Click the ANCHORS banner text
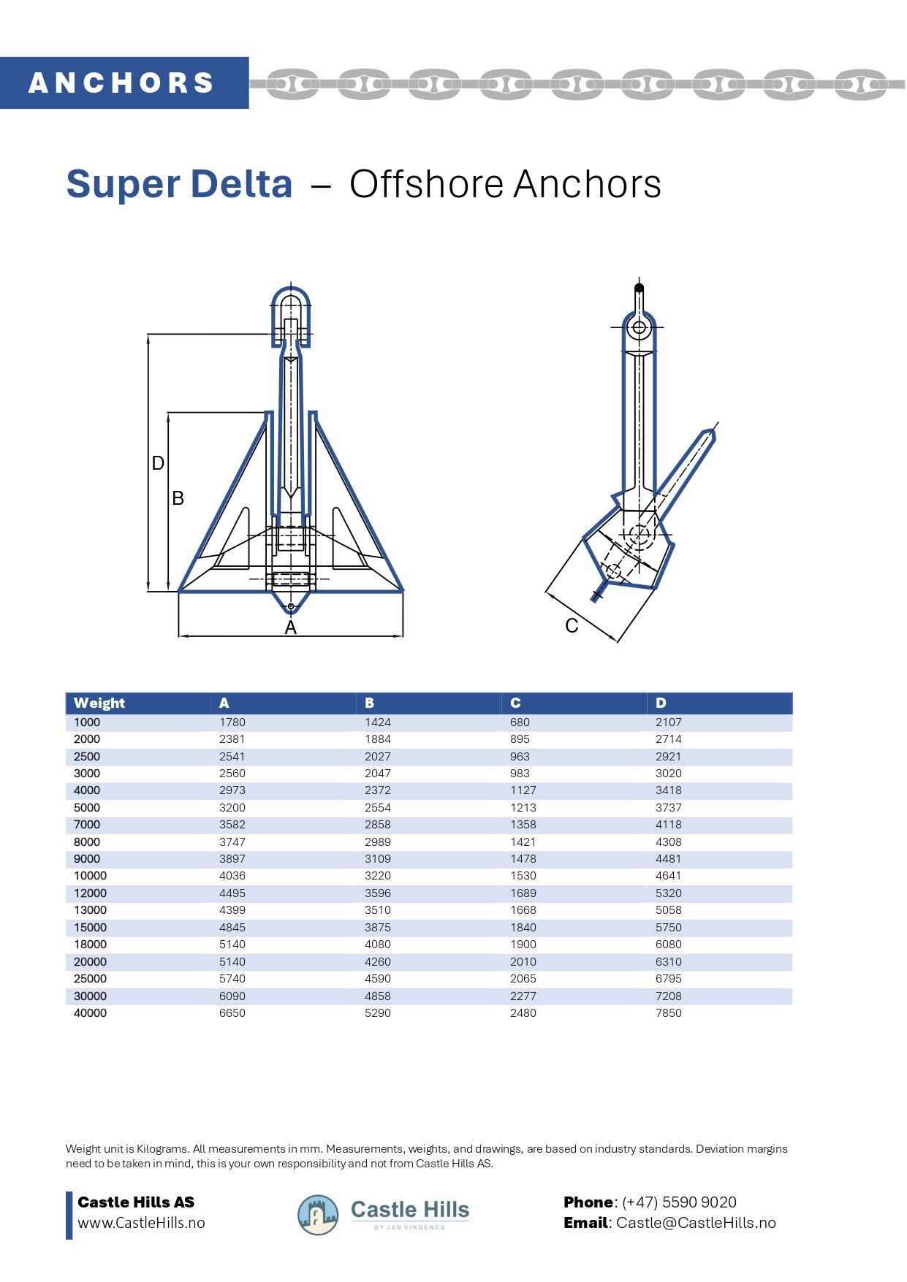click(x=121, y=83)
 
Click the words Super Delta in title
click(x=179, y=184)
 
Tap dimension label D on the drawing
click(x=158, y=463)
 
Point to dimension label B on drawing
click(x=178, y=498)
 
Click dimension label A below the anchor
click(x=291, y=627)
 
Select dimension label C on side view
click(x=572, y=625)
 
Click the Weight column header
click(x=99, y=703)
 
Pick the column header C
click(x=515, y=703)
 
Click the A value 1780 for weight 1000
click(x=232, y=722)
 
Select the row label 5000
click(x=87, y=807)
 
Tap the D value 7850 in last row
click(x=668, y=1012)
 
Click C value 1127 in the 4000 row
click(x=523, y=790)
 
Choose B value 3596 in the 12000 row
click(x=378, y=893)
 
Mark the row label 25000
click(x=90, y=978)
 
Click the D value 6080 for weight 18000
click(x=668, y=944)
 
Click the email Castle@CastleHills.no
click(x=696, y=1222)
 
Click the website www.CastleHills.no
click(x=141, y=1222)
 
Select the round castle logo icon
click(x=318, y=1215)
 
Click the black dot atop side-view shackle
click(x=639, y=288)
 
